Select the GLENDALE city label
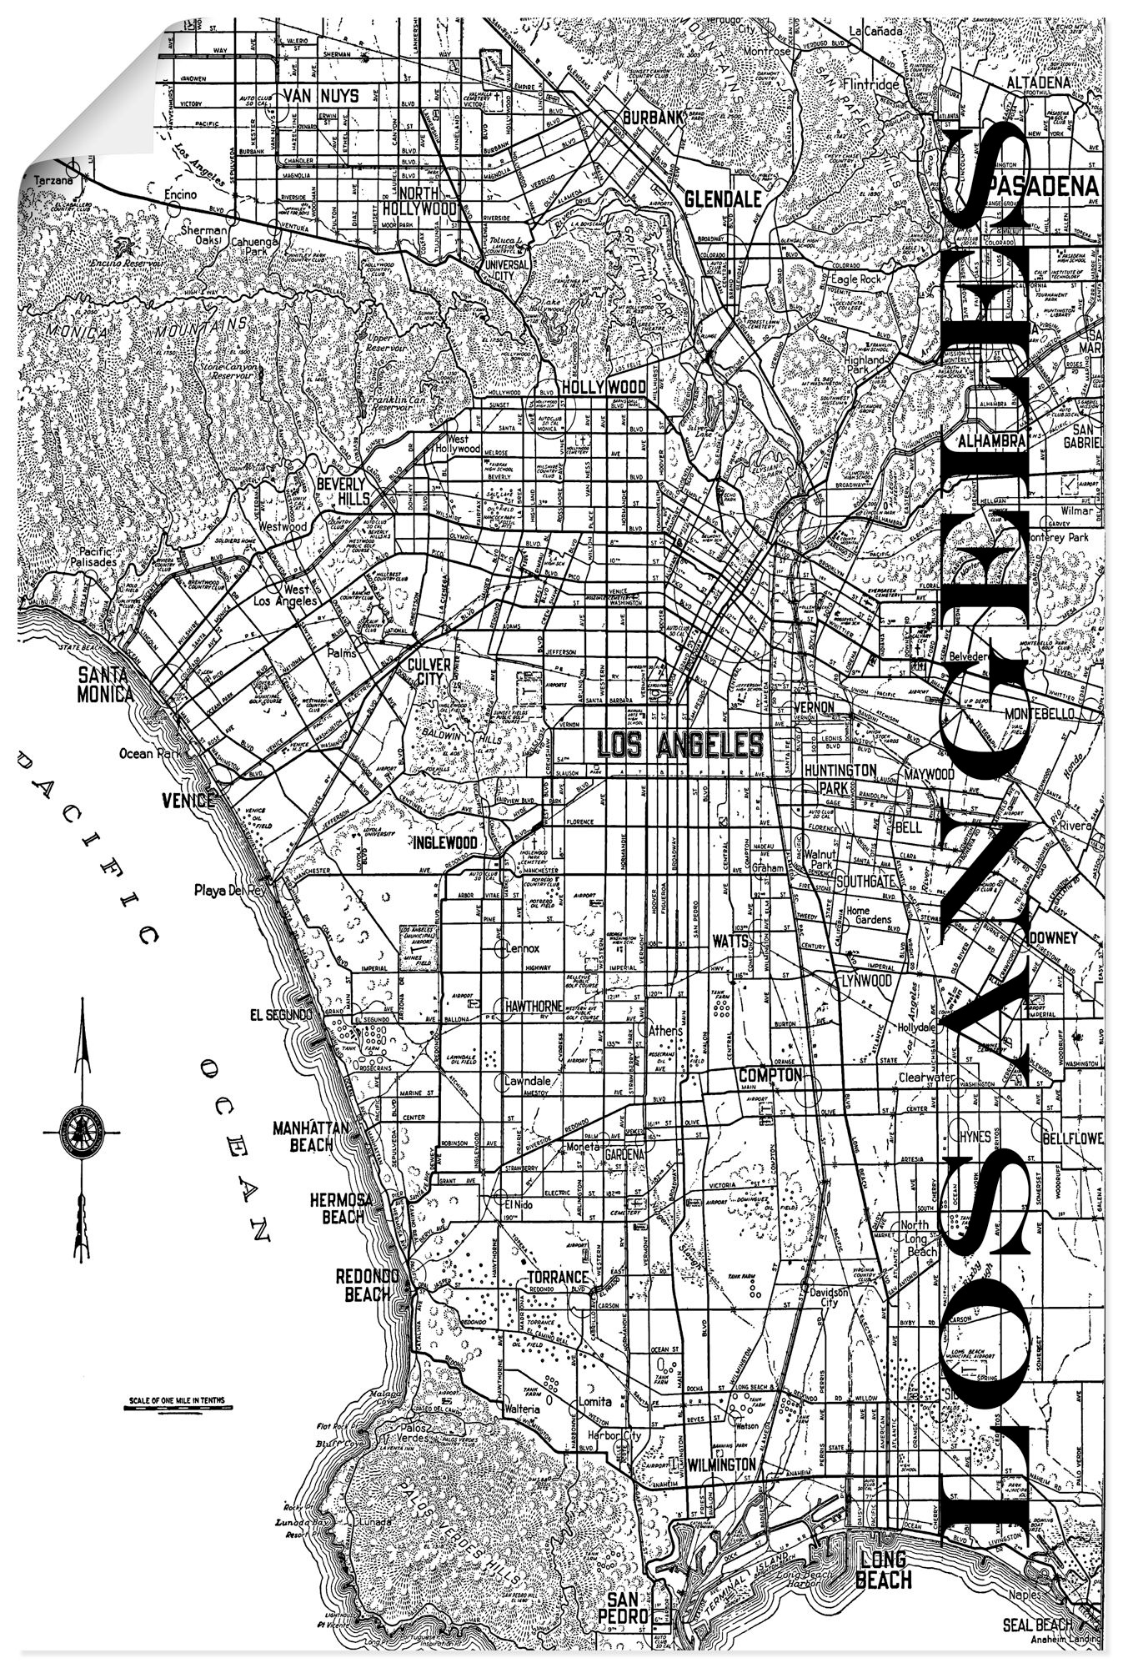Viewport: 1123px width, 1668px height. coord(722,199)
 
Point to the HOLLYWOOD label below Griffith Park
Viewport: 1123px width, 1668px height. coord(604,387)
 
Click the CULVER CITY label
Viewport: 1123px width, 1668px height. coord(429,671)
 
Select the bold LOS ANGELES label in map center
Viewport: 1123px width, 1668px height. coord(680,743)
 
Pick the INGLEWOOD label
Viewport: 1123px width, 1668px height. coord(445,843)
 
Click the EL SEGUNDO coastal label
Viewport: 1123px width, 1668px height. coord(281,1015)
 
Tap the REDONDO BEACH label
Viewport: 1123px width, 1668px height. coord(363,1285)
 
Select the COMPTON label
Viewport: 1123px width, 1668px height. coord(770,1074)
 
